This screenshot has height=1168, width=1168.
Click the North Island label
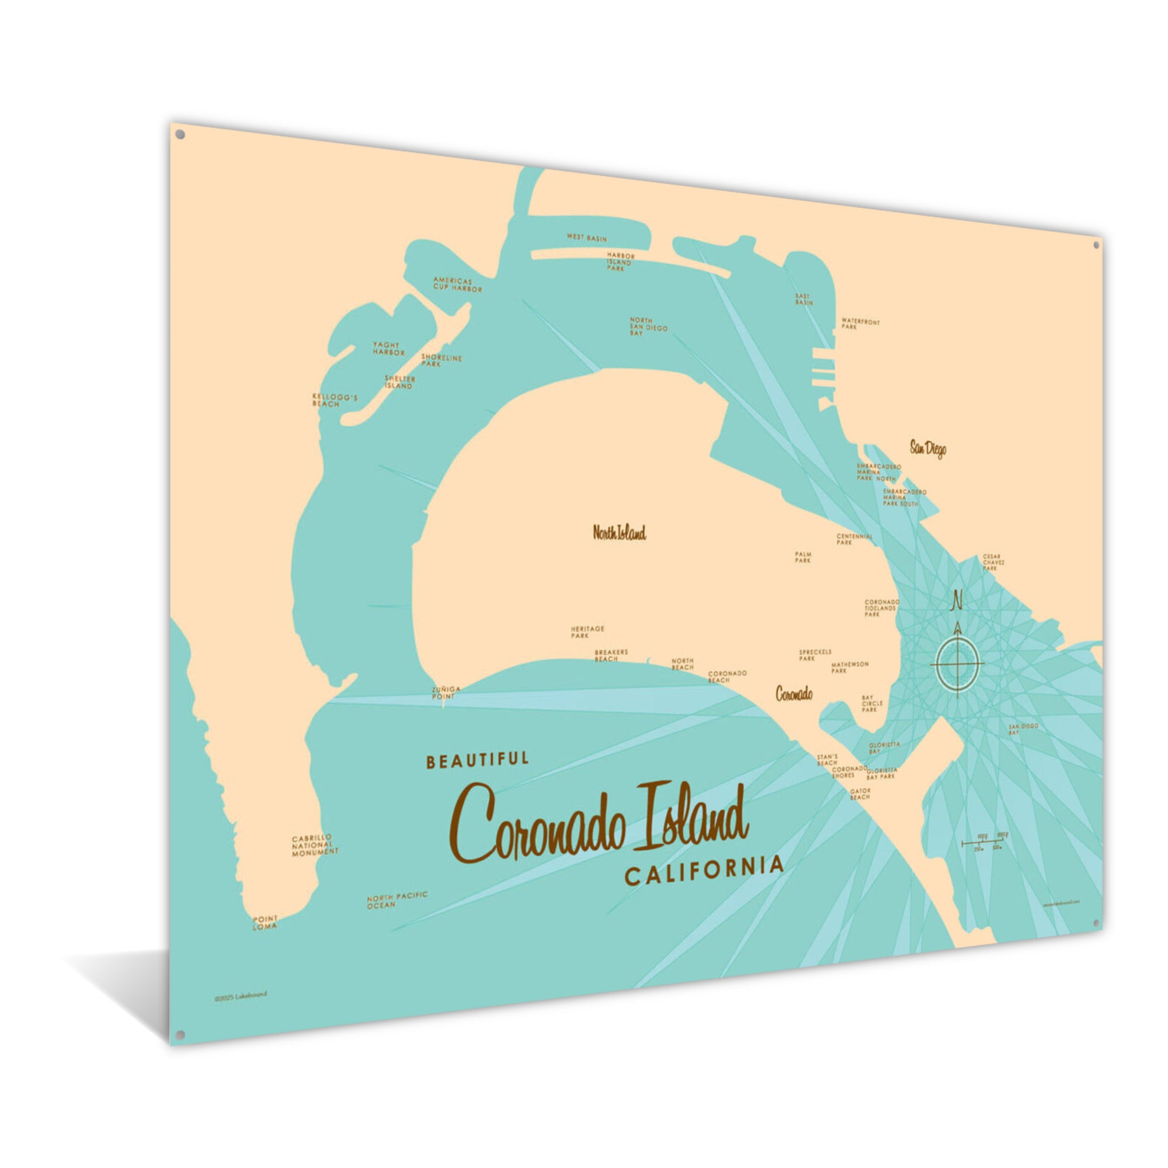(x=619, y=533)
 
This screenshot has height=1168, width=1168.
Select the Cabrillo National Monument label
(x=315, y=845)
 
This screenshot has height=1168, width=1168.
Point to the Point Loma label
(x=265, y=922)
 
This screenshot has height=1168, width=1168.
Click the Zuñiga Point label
(x=446, y=692)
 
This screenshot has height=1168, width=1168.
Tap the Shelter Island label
(x=399, y=382)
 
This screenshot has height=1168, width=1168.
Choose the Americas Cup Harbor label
(x=457, y=285)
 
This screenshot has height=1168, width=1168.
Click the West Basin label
(x=586, y=238)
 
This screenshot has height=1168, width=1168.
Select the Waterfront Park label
(x=860, y=324)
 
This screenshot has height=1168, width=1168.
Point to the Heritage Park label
(x=587, y=632)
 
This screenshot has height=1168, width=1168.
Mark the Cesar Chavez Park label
(x=993, y=562)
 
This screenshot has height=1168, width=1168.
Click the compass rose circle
(x=957, y=664)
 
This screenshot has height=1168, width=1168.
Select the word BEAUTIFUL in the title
(x=477, y=760)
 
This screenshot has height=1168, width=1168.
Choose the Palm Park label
(x=803, y=557)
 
